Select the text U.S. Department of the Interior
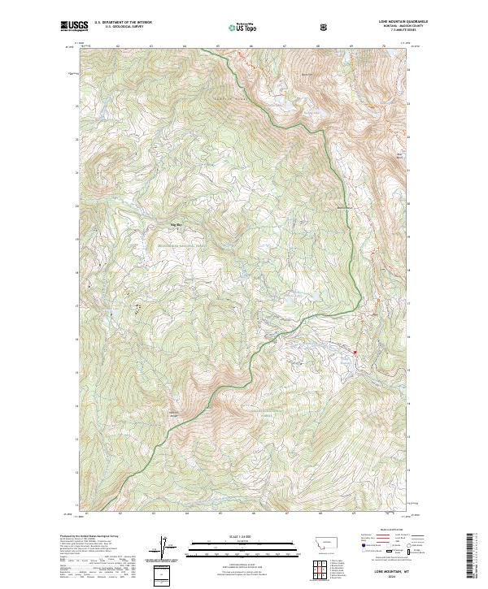tap(122, 22)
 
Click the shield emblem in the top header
tap(326, 28)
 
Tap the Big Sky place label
tap(176, 223)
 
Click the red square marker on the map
tap(355, 351)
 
